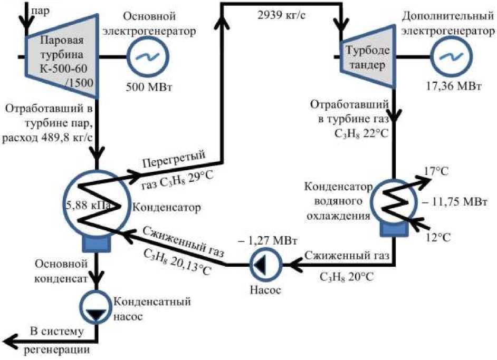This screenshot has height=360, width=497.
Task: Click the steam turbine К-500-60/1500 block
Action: pos(61,55)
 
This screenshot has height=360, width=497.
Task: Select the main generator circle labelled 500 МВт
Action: pos(147,56)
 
